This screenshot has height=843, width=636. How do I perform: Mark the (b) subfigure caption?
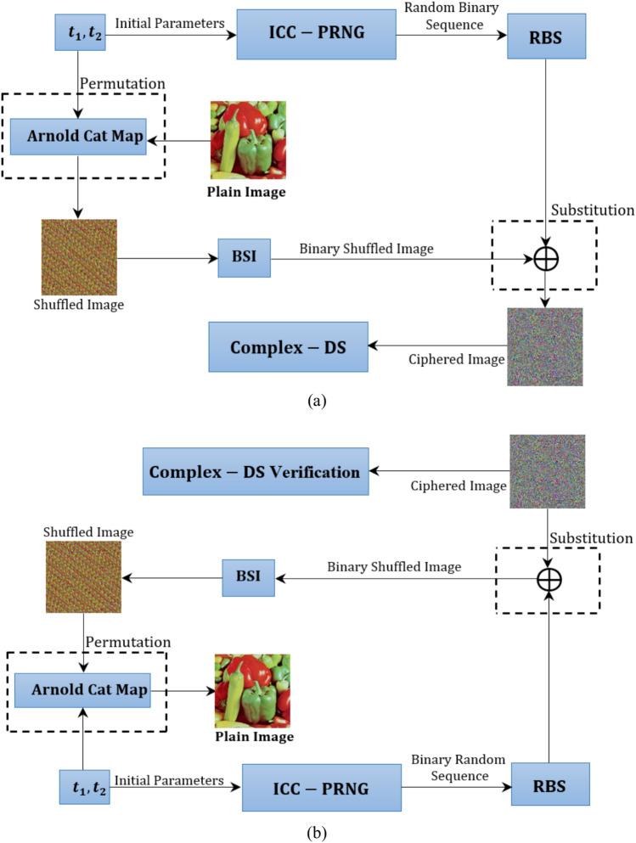318,829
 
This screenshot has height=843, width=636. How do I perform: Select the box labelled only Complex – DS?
289,346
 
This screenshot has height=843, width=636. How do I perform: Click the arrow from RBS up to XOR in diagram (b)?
549,679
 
